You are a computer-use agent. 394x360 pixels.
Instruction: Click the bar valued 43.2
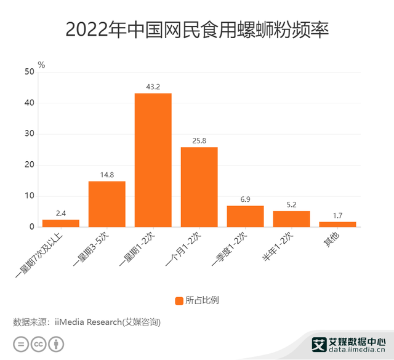tap(153, 160)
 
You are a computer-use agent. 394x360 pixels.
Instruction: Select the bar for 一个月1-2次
tap(199, 187)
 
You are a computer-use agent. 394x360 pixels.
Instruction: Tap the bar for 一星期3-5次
tap(107, 204)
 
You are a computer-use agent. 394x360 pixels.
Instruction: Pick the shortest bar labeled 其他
tap(337, 224)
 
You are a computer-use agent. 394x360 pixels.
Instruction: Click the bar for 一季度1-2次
tap(245, 216)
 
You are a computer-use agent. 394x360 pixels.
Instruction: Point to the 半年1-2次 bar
tap(291, 219)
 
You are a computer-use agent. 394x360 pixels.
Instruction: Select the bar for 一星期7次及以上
tap(60, 223)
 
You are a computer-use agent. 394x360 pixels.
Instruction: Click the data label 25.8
tap(199, 140)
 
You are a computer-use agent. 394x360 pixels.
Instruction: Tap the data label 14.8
tap(107, 175)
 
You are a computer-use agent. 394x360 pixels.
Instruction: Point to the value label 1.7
tap(337, 215)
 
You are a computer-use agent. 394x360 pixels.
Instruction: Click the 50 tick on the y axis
tap(29, 72)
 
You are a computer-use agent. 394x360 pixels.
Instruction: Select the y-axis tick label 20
tap(29, 165)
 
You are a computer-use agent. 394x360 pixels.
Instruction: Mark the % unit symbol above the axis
tap(41, 64)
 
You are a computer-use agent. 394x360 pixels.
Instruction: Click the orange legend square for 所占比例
tap(179, 300)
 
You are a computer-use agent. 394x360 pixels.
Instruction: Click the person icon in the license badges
tap(57, 343)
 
